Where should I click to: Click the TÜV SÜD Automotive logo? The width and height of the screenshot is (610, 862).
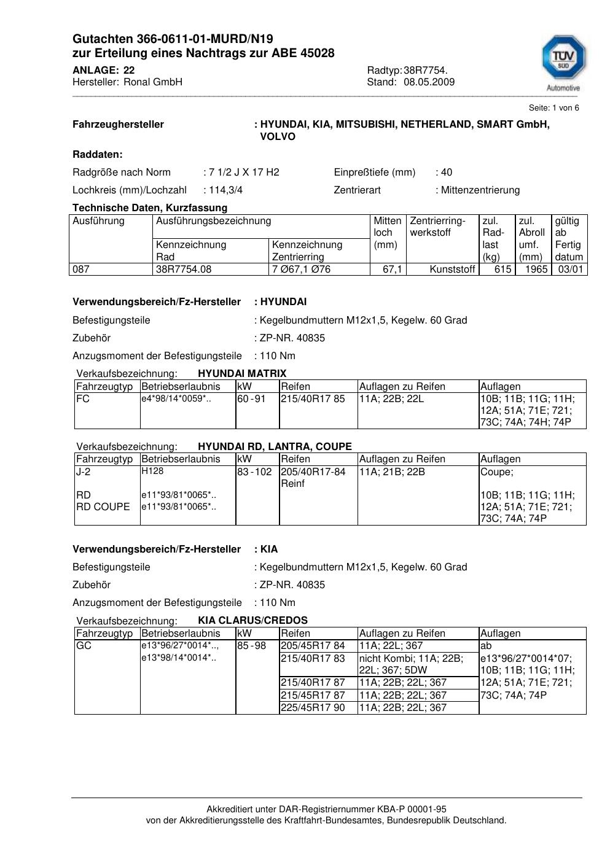tap(563, 62)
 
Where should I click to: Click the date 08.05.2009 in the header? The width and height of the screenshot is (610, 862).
tap(429, 82)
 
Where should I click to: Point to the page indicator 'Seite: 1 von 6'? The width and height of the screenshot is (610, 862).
tap(553, 108)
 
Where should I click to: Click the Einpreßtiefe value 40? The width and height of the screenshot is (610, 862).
tap(447, 172)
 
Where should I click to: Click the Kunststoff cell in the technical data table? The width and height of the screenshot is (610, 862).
tap(453, 269)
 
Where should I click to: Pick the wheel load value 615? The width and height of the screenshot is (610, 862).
tap(502, 269)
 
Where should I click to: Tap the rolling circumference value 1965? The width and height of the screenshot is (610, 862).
tap(536, 269)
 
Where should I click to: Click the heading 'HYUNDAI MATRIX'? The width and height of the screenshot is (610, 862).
tap(242, 373)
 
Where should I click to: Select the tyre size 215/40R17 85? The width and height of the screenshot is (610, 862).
tap(313, 399)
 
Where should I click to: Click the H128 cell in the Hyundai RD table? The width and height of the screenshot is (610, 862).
tap(152, 472)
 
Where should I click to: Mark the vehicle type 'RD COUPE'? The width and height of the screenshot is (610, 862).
tap(103, 507)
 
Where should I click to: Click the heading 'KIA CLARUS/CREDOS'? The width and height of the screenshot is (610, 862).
tap(252, 620)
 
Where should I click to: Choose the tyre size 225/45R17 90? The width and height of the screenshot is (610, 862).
tap(313, 707)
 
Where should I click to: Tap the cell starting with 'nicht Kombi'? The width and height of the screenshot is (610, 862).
tap(411, 664)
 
